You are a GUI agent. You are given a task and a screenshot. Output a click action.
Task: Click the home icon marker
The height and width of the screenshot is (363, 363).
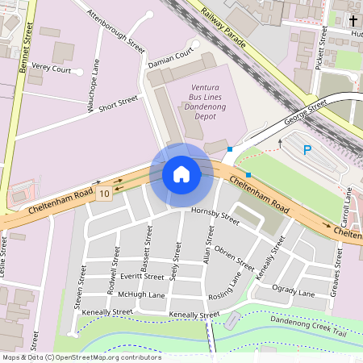(181, 174)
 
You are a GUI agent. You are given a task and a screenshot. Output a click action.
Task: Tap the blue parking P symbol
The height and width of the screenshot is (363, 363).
(307, 149)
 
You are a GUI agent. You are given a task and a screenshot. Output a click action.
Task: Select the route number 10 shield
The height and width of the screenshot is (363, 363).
(104, 194)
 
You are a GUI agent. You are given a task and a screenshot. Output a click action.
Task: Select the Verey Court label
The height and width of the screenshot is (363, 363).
(52, 70)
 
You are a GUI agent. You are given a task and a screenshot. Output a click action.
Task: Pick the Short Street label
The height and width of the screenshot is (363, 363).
(119, 102)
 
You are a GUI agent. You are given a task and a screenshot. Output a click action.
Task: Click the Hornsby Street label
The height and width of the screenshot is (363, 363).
(215, 215)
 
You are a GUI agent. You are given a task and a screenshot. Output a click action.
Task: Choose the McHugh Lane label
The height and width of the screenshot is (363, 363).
(141, 295)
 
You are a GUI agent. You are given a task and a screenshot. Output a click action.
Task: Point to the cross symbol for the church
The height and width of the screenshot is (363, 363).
(354, 19)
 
